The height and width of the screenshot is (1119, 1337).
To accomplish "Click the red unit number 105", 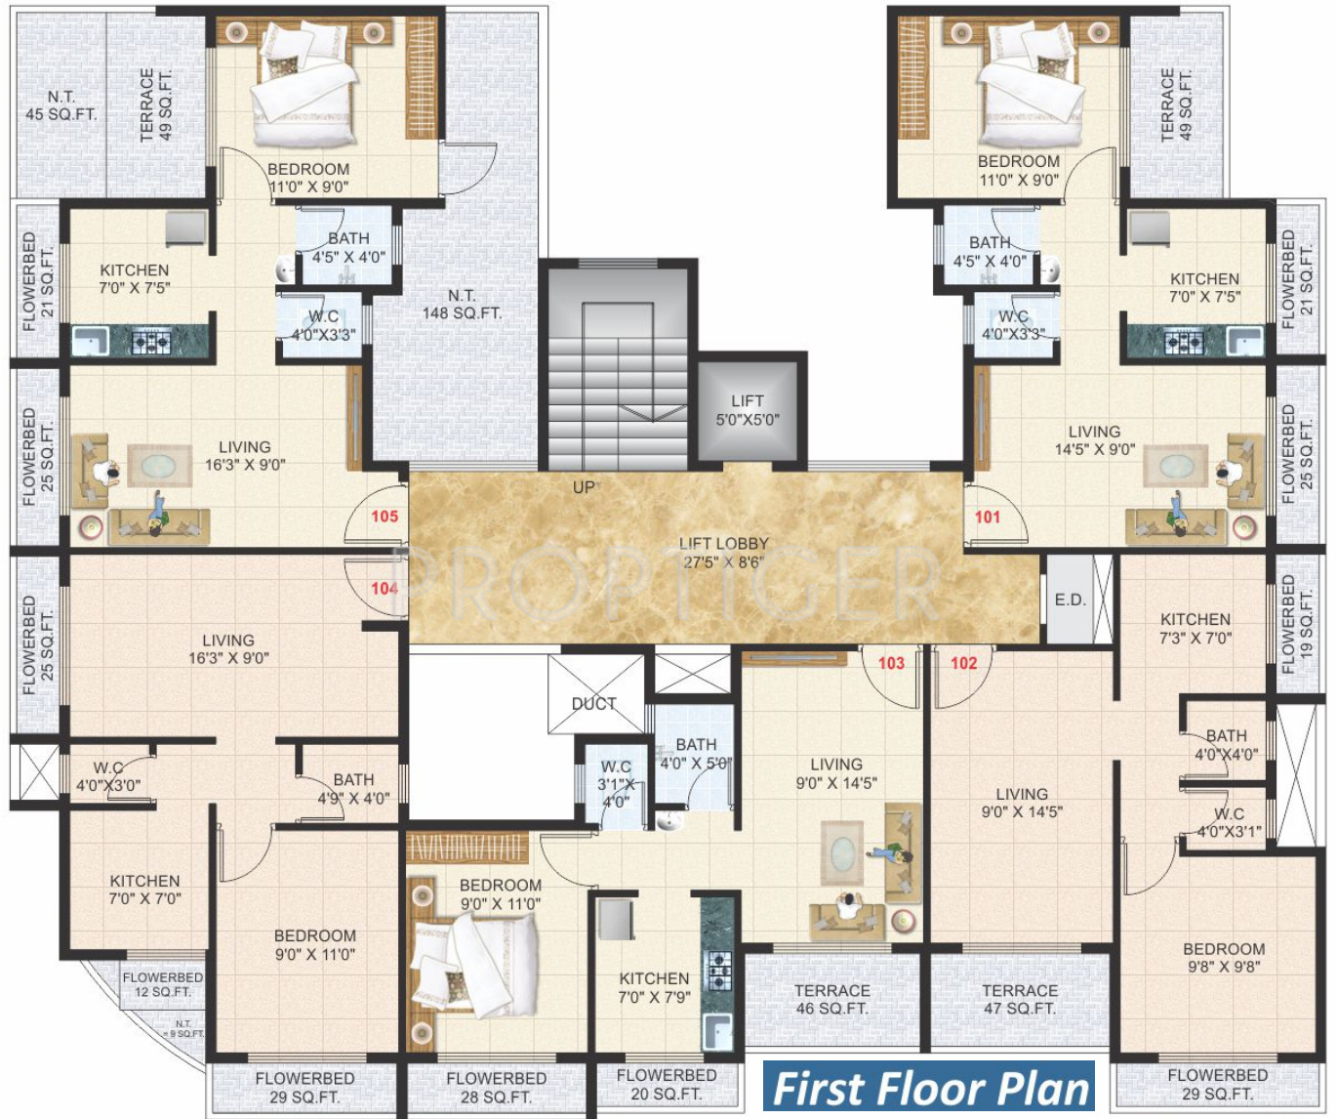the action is [385, 516].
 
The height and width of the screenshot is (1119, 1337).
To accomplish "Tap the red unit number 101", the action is [987, 517].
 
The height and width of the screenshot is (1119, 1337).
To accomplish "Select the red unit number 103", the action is [891, 663].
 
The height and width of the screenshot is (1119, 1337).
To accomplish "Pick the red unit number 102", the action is [963, 663].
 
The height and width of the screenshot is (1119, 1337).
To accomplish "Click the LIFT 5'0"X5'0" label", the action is [748, 410].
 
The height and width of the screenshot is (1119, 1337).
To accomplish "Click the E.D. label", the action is [1070, 600].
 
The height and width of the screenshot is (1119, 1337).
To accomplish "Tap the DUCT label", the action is [593, 704].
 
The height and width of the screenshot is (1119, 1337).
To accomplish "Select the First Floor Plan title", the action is [930, 1089].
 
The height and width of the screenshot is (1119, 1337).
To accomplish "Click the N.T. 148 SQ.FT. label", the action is [462, 305].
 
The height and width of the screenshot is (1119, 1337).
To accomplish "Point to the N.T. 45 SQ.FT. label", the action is [61, 105].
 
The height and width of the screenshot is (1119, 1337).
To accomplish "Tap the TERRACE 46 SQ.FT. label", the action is [831, 999].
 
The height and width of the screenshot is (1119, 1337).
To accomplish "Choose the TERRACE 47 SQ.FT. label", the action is [1020, 999].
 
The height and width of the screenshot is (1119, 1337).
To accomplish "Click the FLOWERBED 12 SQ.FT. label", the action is [163, 984].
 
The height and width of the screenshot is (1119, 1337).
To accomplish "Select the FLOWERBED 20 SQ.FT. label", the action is [667, 1084].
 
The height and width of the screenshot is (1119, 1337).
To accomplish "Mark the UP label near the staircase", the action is [584, 487].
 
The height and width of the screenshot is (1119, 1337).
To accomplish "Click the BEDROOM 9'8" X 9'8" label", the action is [1224, 958].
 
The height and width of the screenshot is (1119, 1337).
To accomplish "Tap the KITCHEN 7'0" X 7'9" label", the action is [654, 987].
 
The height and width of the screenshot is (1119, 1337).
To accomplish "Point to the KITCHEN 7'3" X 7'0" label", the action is [1195, 629].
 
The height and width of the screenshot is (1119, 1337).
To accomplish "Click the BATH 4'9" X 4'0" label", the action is [353, 789].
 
